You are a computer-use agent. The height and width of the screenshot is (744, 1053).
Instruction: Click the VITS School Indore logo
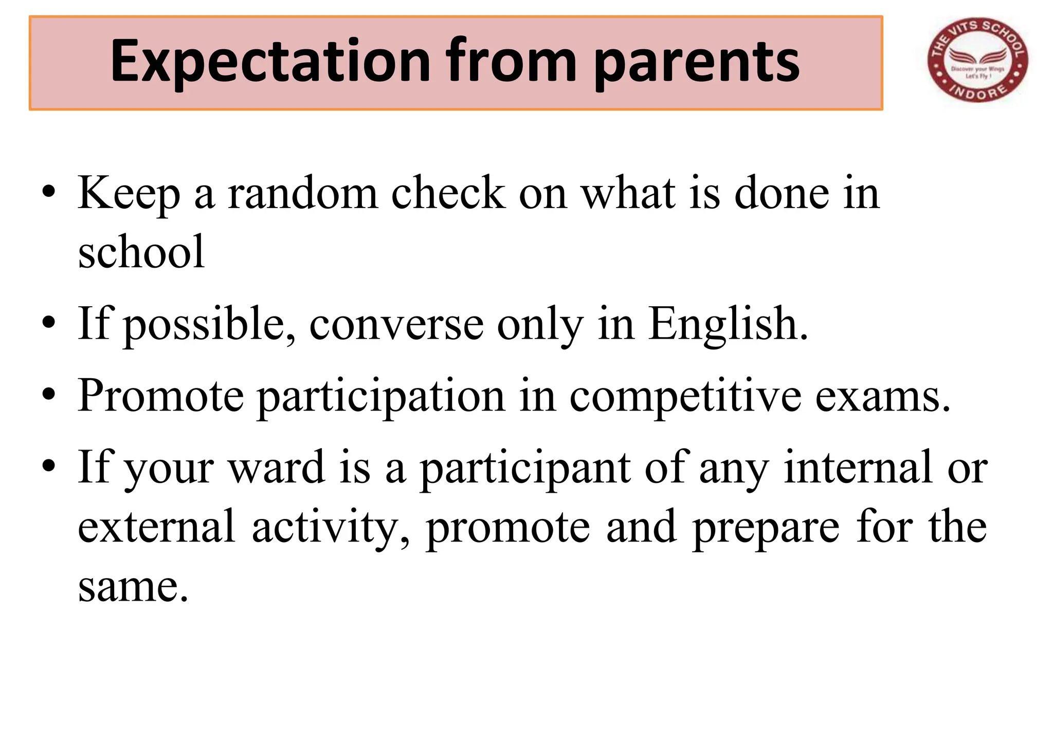tap(977, 61)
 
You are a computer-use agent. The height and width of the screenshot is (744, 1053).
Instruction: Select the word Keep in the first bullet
tap(129, 194)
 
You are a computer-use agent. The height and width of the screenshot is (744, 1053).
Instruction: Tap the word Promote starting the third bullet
tap(160, 396)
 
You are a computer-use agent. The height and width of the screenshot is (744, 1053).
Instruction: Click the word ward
tap(277, 468)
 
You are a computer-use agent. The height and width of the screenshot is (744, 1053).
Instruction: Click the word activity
tap(331, 527)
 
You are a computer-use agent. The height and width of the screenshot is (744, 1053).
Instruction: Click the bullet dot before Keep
tap(49, 194)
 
